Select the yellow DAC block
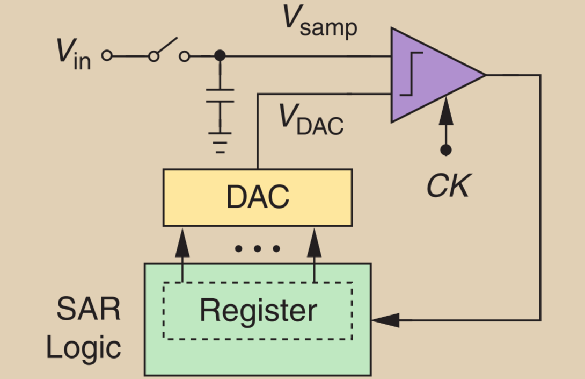pyautogui.click(x=258, y=197)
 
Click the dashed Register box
pyautogui.click(x=258, y=311)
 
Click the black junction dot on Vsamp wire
pyautogui.click(x=220, y=55)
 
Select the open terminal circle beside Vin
pyautogui.click(x=107, y=55)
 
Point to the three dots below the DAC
pyautogui.click(x=258, y=248)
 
